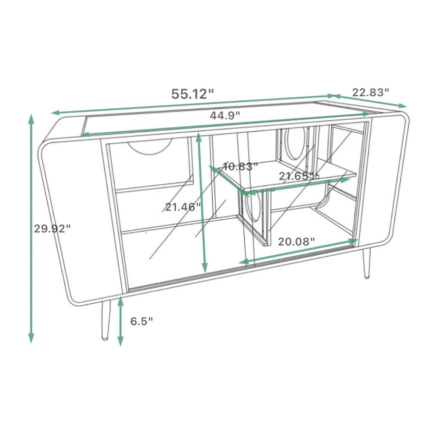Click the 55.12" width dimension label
(x=192, y=94)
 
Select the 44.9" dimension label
(x=225, y=115)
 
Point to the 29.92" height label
(x=52, y=229)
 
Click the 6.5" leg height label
(x=141, y=321)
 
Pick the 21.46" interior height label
(x=183, y=207)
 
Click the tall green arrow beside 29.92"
(x=31, y=228)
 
